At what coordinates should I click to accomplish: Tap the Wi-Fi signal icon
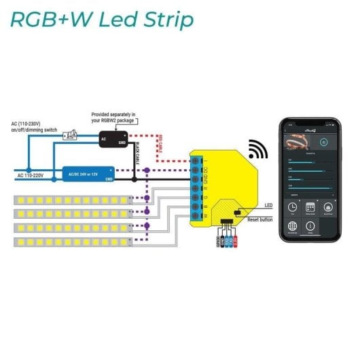tap(257, 149)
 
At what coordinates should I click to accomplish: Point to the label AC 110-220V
tap(31, 176)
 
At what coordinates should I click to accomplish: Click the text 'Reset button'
tap(260, 219)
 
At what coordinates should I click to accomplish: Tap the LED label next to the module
tap(269, 205)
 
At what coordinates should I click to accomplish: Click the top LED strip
tap(72, 200)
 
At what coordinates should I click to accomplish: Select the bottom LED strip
tap(72, 241)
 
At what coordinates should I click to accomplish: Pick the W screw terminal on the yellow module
tap(196, 216)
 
